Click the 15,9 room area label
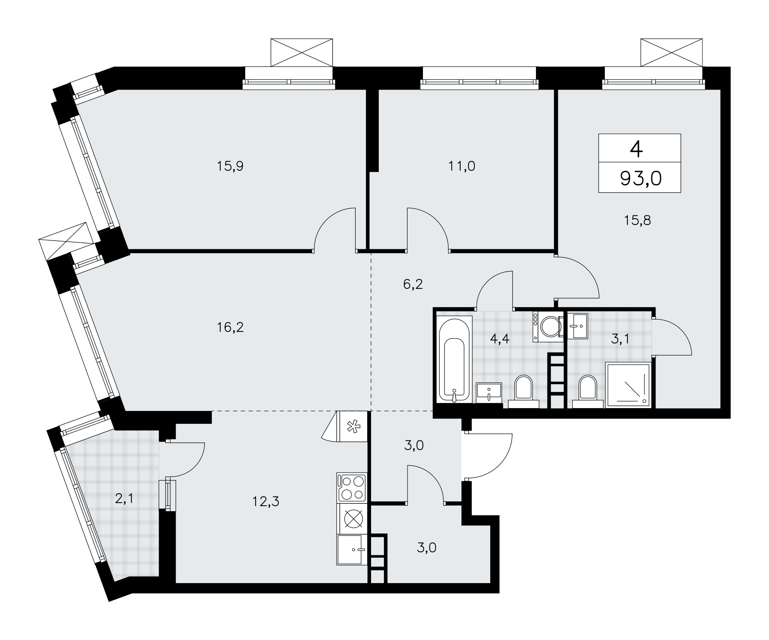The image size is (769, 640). (x=230, y=166)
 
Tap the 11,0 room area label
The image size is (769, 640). (x=462, y=166)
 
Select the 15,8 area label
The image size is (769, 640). (x=637, y=220)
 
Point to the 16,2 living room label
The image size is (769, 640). (x=230, y=327)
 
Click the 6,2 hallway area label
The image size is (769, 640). (x=413, y=284)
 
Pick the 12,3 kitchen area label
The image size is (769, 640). (x=266, y=501)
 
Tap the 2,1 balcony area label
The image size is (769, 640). (x=124, y=499)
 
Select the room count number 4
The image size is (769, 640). (x=636, y=149)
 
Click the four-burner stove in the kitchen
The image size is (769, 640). (x=351, y=488)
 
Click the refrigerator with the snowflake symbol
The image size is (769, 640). (x=352, y=426)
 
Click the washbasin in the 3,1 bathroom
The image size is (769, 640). (x=577, y=326)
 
